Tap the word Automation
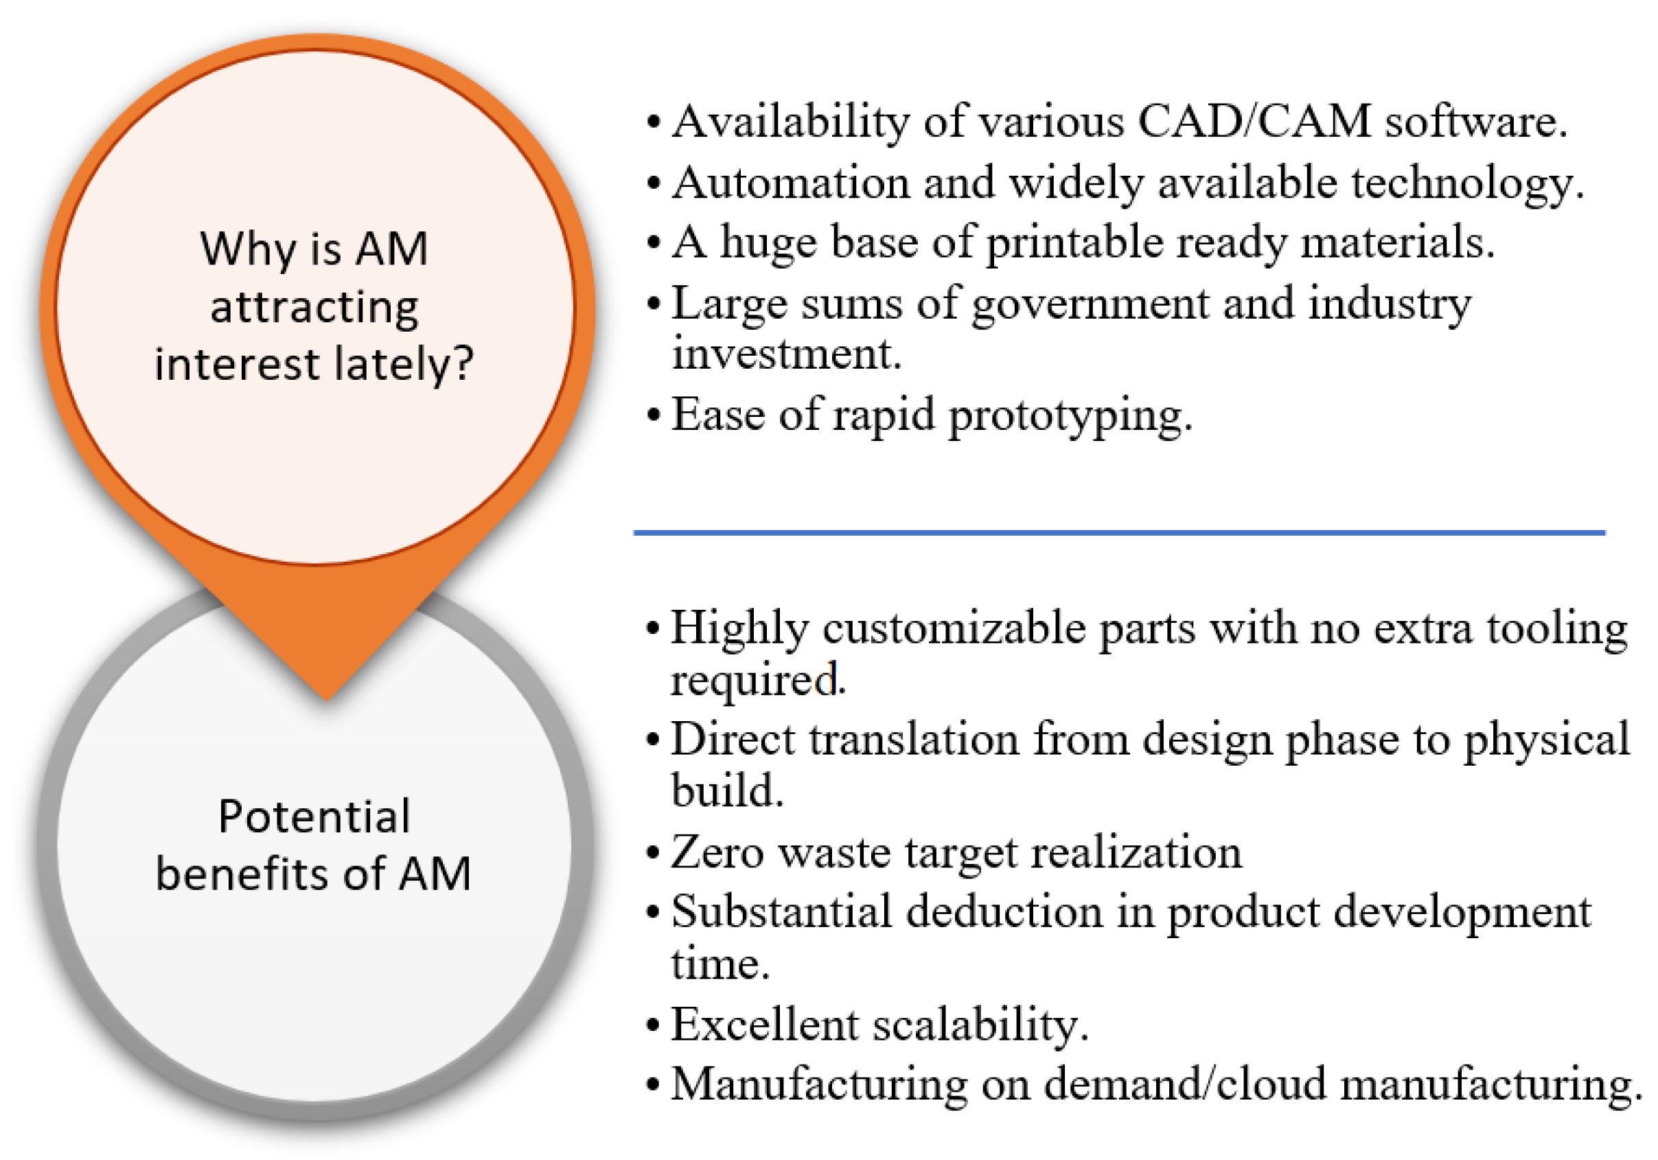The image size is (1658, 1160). click(791, 182)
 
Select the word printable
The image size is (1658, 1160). click(1074, 243)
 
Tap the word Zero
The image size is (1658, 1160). click(717, 852)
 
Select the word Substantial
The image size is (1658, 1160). click(781, 911)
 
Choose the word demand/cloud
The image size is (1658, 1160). click(1185, 1084)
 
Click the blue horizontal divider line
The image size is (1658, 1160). click(1119, 532)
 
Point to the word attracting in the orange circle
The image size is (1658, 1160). click(314, 308)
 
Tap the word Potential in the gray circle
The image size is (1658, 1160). click(314, 817)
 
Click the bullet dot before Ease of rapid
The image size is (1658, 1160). click(654, 416)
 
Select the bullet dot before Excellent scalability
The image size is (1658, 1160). click(654, 1025)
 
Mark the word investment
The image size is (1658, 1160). click(787, 354)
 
